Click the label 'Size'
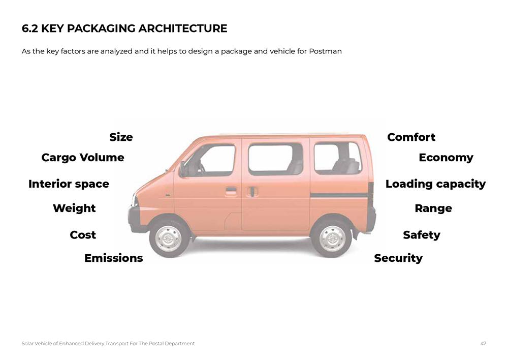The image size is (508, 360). click(121, 137)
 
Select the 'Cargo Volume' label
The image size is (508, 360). click(82, 158)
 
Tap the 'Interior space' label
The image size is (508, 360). click(69, 184)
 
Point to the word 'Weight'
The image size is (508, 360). click(74, 208)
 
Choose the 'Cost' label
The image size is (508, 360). click(83, 235)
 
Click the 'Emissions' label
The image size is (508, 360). click(113, 258)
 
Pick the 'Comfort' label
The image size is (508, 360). click(411, 137)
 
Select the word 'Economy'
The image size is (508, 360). click(446, 158)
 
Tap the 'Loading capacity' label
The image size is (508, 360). click(435, 184)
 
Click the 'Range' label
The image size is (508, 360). click(433, 208)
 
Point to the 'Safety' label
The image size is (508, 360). click(421, 235)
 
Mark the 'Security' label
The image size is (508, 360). click(398, 258)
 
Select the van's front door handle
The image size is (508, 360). click(231, 191)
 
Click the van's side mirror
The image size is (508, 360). click(182, 168)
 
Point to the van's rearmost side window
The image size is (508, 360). click(337, 158)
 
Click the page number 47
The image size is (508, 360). click(483, 344)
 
